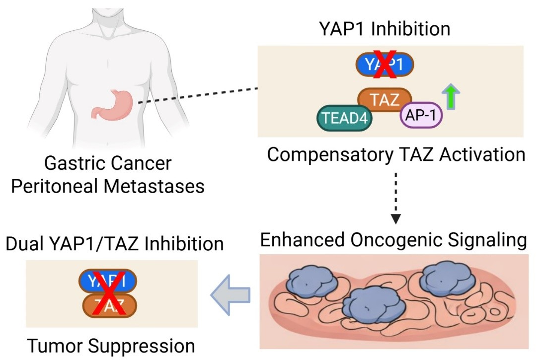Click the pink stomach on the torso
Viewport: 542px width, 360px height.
113,103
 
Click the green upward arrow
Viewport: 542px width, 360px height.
451,97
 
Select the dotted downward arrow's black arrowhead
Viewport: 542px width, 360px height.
396,218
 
